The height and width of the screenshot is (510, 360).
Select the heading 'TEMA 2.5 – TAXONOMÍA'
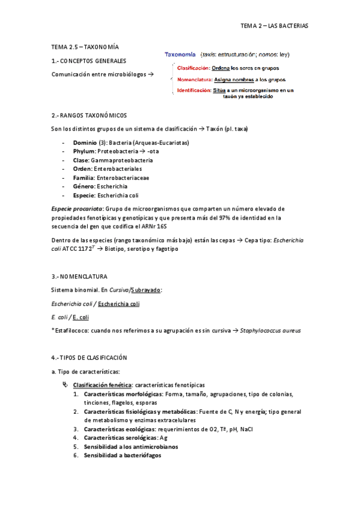(x=85, y=47)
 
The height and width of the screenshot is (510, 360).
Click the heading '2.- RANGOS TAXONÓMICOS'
(x=89, y=114)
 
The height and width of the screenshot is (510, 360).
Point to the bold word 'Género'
(x=83, y=187)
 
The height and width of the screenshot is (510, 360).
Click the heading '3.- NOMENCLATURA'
(x=80, y=277)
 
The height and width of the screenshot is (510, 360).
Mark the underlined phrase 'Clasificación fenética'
(x=102, y=384)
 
